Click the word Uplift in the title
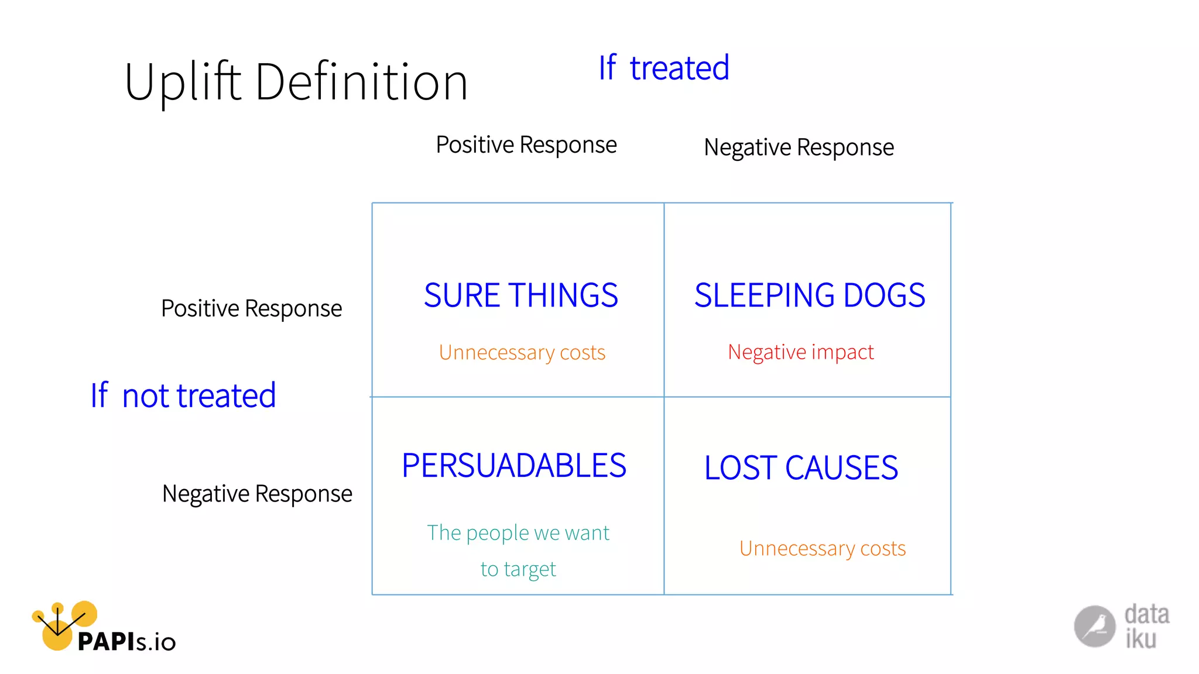click(183, 82)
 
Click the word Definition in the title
click(361, 82)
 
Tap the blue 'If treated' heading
click(663, 68)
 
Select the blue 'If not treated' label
click(183, 396)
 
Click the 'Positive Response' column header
click(526, 145)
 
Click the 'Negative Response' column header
click(799, 147)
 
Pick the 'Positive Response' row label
click(251, 308)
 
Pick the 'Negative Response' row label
click(257, 494)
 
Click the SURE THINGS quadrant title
click(520, 295)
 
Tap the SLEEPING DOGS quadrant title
click(809, 295)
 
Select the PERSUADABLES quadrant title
click(513, 466)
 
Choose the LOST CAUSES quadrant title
click(800, 467)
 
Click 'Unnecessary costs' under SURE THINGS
click(522, 352)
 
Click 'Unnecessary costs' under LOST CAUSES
click(822, 548)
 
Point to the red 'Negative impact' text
click(800, 352)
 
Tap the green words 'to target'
click(518, 569)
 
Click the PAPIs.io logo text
click(126, 642)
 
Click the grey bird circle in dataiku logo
click(1094, 626)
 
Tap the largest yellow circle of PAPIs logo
click(57, 635)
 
